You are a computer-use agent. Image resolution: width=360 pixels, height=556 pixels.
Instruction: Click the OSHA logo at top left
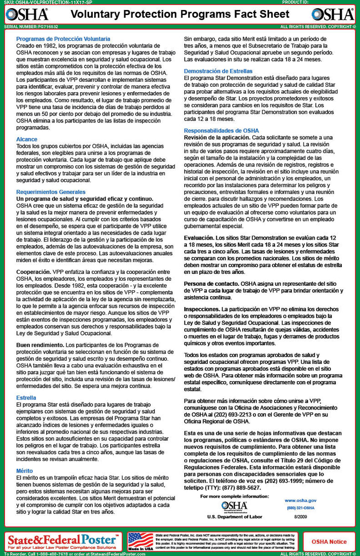point(27,15)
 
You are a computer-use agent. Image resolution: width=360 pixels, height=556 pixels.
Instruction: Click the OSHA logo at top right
point(333,15)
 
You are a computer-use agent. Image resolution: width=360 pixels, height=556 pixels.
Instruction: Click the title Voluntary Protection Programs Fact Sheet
point(180,15)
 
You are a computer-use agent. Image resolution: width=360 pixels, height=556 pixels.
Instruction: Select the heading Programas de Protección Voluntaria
point(63,39)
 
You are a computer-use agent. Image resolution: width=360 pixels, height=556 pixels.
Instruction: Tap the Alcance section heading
point(26,139)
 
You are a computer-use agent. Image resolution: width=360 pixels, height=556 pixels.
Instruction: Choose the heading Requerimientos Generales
point(51,192)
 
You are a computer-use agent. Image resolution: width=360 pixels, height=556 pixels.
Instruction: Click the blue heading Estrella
point(26,398)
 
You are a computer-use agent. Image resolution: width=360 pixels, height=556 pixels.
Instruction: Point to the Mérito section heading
point(25,471)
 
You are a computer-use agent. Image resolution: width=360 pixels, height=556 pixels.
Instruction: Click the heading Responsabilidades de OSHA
point(221,131)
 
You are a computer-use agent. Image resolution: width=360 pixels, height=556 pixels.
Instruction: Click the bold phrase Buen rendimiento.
point(40,345)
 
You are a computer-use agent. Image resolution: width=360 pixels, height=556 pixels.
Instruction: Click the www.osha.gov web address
point(300,500)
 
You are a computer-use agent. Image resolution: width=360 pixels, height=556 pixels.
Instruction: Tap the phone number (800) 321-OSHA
point(300,508)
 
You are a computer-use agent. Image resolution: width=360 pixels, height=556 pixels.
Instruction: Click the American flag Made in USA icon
point(140,541)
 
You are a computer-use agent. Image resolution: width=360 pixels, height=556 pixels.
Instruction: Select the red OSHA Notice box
point(329,542)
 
